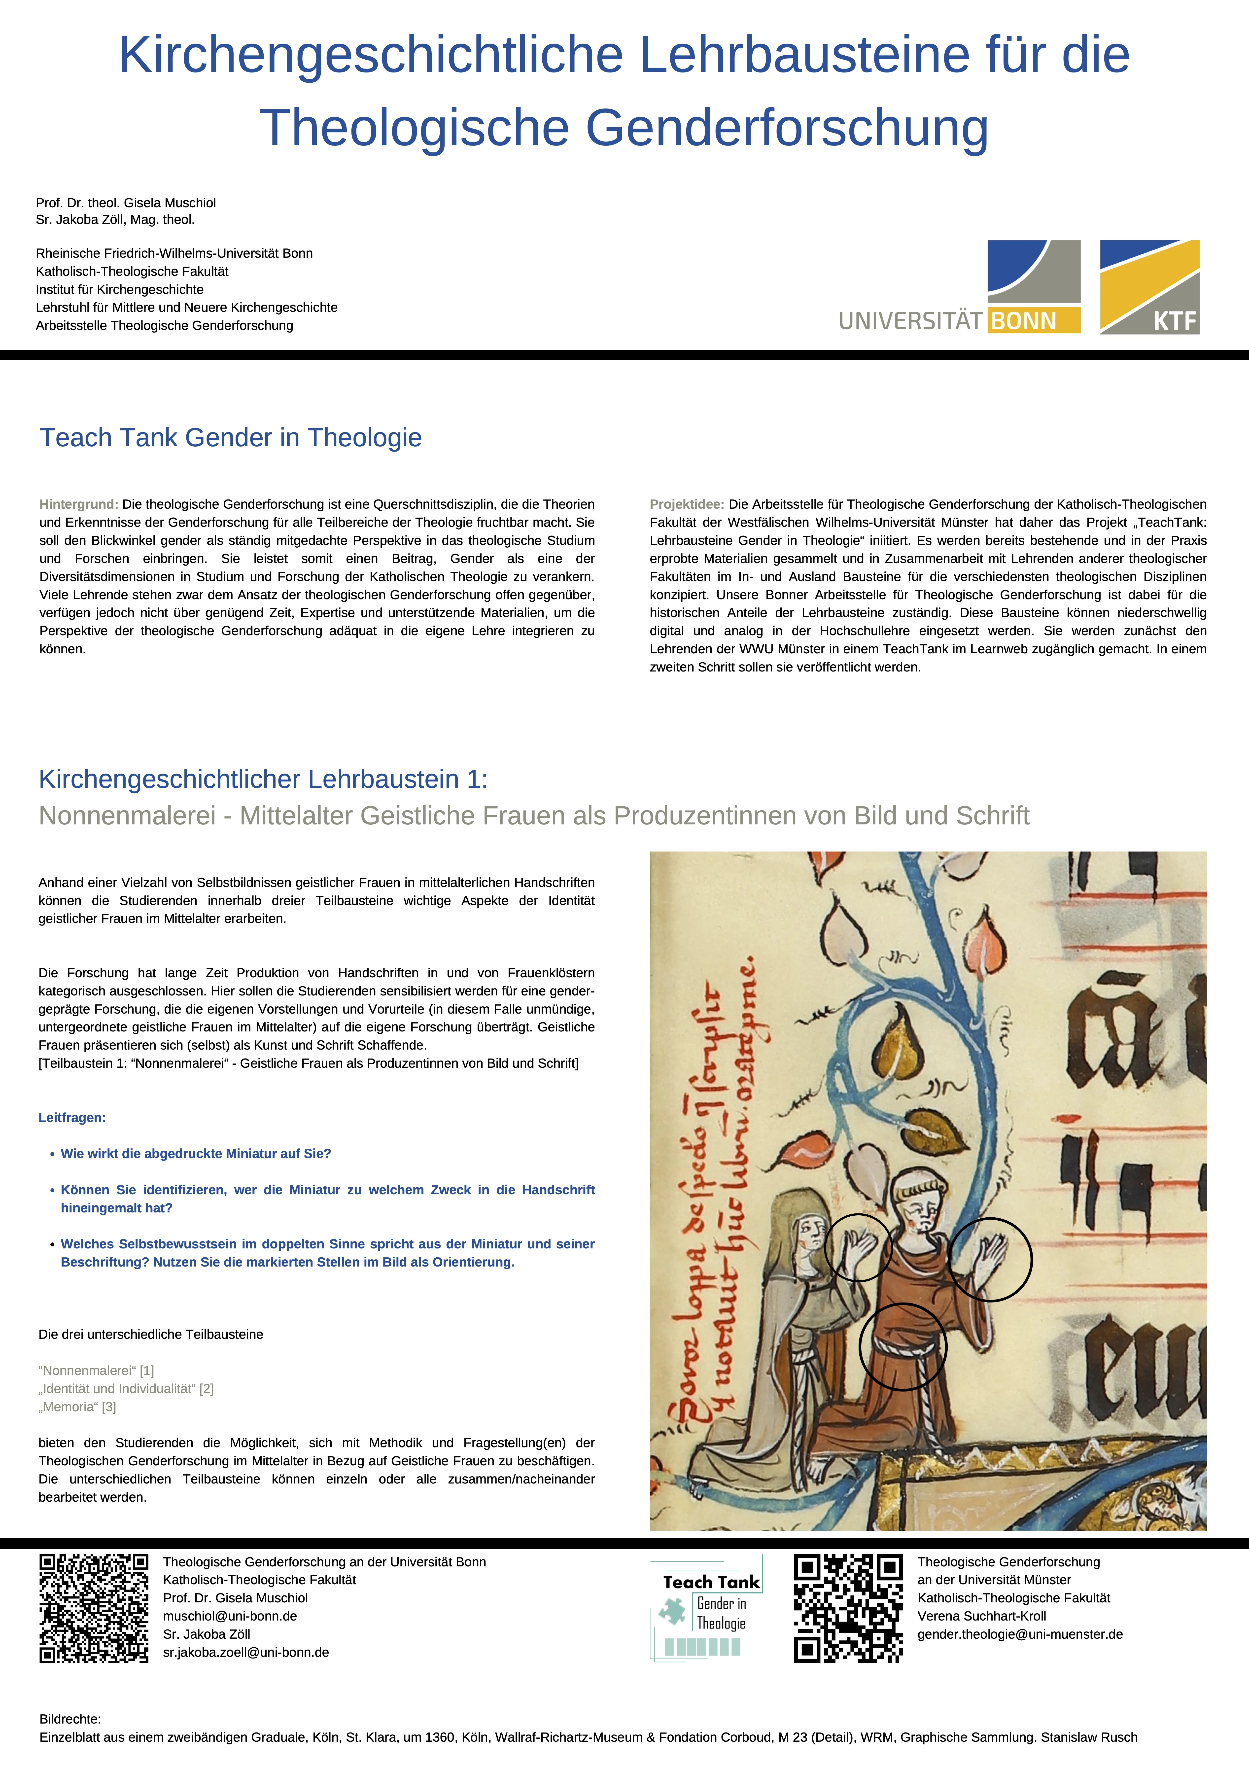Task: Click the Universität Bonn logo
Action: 960,287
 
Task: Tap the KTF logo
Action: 1149,287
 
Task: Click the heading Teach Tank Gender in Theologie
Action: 231,438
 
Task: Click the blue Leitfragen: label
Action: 72,1118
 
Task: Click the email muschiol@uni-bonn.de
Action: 230,1616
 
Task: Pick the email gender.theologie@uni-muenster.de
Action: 1020,1634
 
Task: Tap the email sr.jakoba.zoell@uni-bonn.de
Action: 246,1652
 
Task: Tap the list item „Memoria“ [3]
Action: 78,1407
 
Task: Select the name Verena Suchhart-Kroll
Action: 981,1616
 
